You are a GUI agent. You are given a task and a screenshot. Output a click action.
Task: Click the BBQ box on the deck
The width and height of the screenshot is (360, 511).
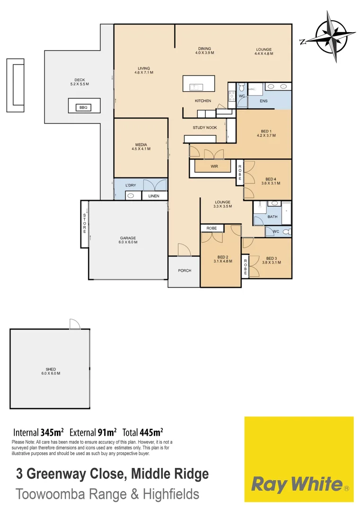point(83,107)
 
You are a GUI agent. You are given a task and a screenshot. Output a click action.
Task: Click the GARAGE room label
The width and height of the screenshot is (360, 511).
point(128,238)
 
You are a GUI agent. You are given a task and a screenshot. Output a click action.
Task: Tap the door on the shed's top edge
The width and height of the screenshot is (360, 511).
point(75,324)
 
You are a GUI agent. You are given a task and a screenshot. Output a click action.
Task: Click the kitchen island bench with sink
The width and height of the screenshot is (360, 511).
point(198,84)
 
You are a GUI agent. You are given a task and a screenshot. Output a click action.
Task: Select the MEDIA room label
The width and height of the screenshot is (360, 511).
point(140,145)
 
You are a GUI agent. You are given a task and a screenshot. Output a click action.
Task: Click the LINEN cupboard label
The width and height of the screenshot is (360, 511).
point(154,196)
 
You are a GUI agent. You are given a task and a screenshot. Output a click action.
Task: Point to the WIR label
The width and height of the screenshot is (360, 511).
point(214,166)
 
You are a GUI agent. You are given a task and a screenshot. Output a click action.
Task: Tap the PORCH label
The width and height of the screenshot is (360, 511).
point(184,271)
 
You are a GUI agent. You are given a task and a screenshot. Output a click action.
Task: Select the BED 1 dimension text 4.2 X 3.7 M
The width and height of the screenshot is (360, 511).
point(266,135)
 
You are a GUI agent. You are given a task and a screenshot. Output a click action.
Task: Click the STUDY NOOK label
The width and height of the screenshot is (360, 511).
point(205,128)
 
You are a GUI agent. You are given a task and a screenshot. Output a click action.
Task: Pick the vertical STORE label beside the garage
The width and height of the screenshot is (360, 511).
point(85,223)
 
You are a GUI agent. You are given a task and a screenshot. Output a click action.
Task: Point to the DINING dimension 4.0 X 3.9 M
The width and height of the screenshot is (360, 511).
point(205,53)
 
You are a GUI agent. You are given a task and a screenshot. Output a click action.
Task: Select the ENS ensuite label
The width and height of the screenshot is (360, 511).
point(263,101)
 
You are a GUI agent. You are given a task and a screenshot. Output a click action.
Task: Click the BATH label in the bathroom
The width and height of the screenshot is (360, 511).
point(272,217)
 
